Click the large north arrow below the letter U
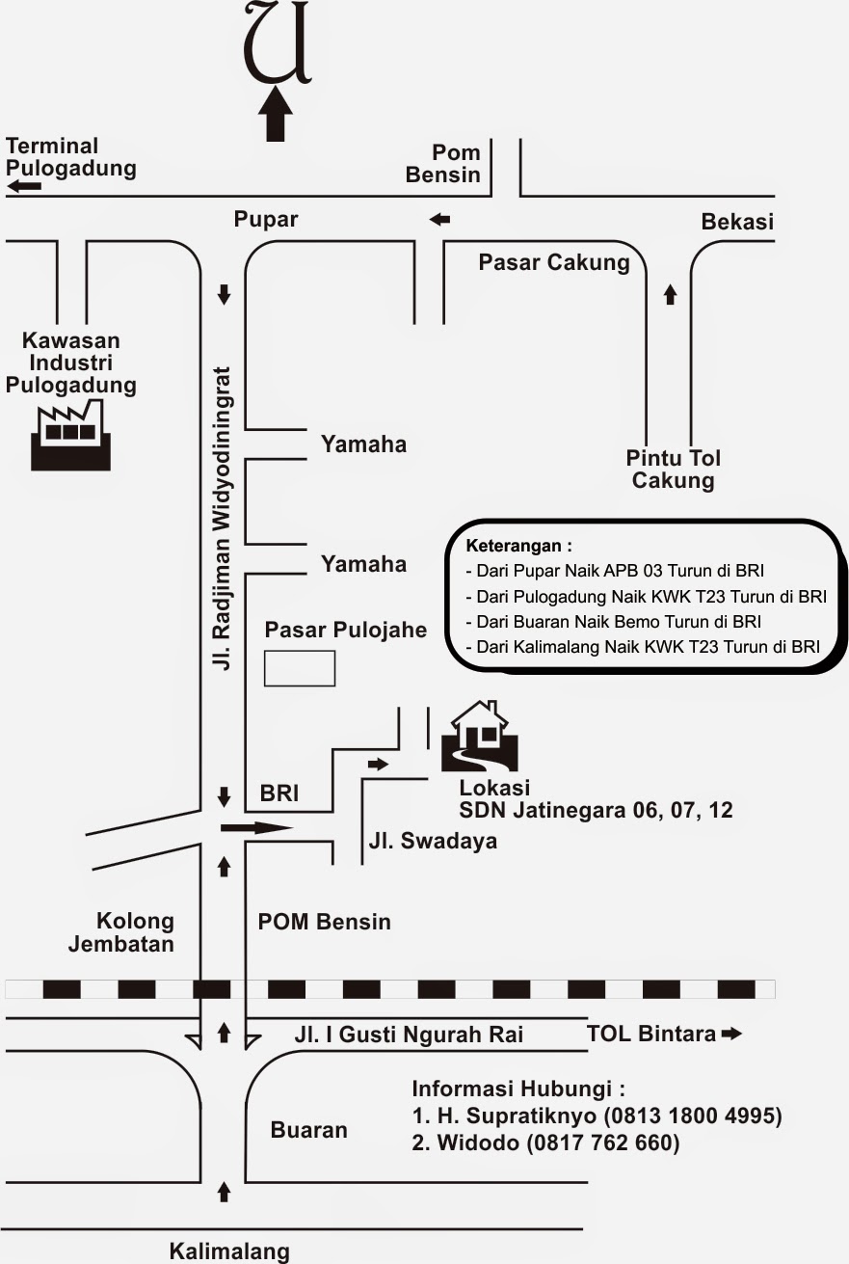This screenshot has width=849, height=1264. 277,114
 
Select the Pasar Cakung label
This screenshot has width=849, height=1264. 554,262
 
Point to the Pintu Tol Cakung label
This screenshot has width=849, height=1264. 673,469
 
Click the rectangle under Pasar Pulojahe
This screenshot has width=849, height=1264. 300,668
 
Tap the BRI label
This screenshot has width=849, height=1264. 279,794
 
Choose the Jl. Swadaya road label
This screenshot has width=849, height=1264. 433,841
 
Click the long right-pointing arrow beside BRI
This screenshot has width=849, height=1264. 255,827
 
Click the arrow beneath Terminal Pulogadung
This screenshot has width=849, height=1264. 24,185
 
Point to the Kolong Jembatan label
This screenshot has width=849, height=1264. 121,932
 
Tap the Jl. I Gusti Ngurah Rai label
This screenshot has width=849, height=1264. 409,1035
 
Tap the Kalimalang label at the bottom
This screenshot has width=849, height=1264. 229,1251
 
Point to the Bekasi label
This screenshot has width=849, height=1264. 737,223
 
